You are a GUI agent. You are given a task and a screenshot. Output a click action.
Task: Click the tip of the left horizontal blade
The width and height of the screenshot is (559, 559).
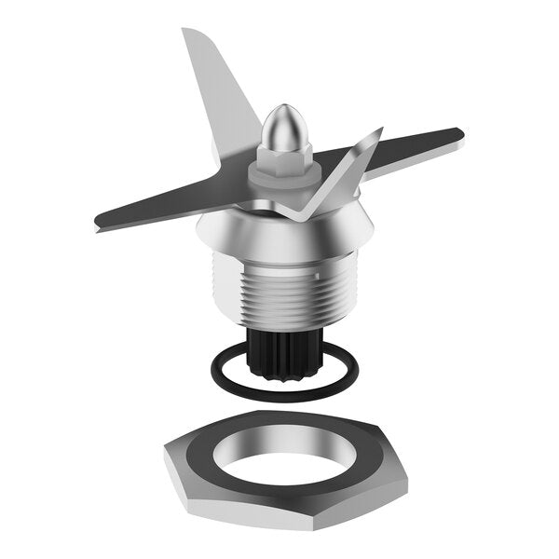[x=99, y=224]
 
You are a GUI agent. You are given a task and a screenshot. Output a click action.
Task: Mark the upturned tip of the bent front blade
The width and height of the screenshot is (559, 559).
[x=379, y=131]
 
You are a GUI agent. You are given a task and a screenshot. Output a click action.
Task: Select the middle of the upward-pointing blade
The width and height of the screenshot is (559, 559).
[x=219, y=93]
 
